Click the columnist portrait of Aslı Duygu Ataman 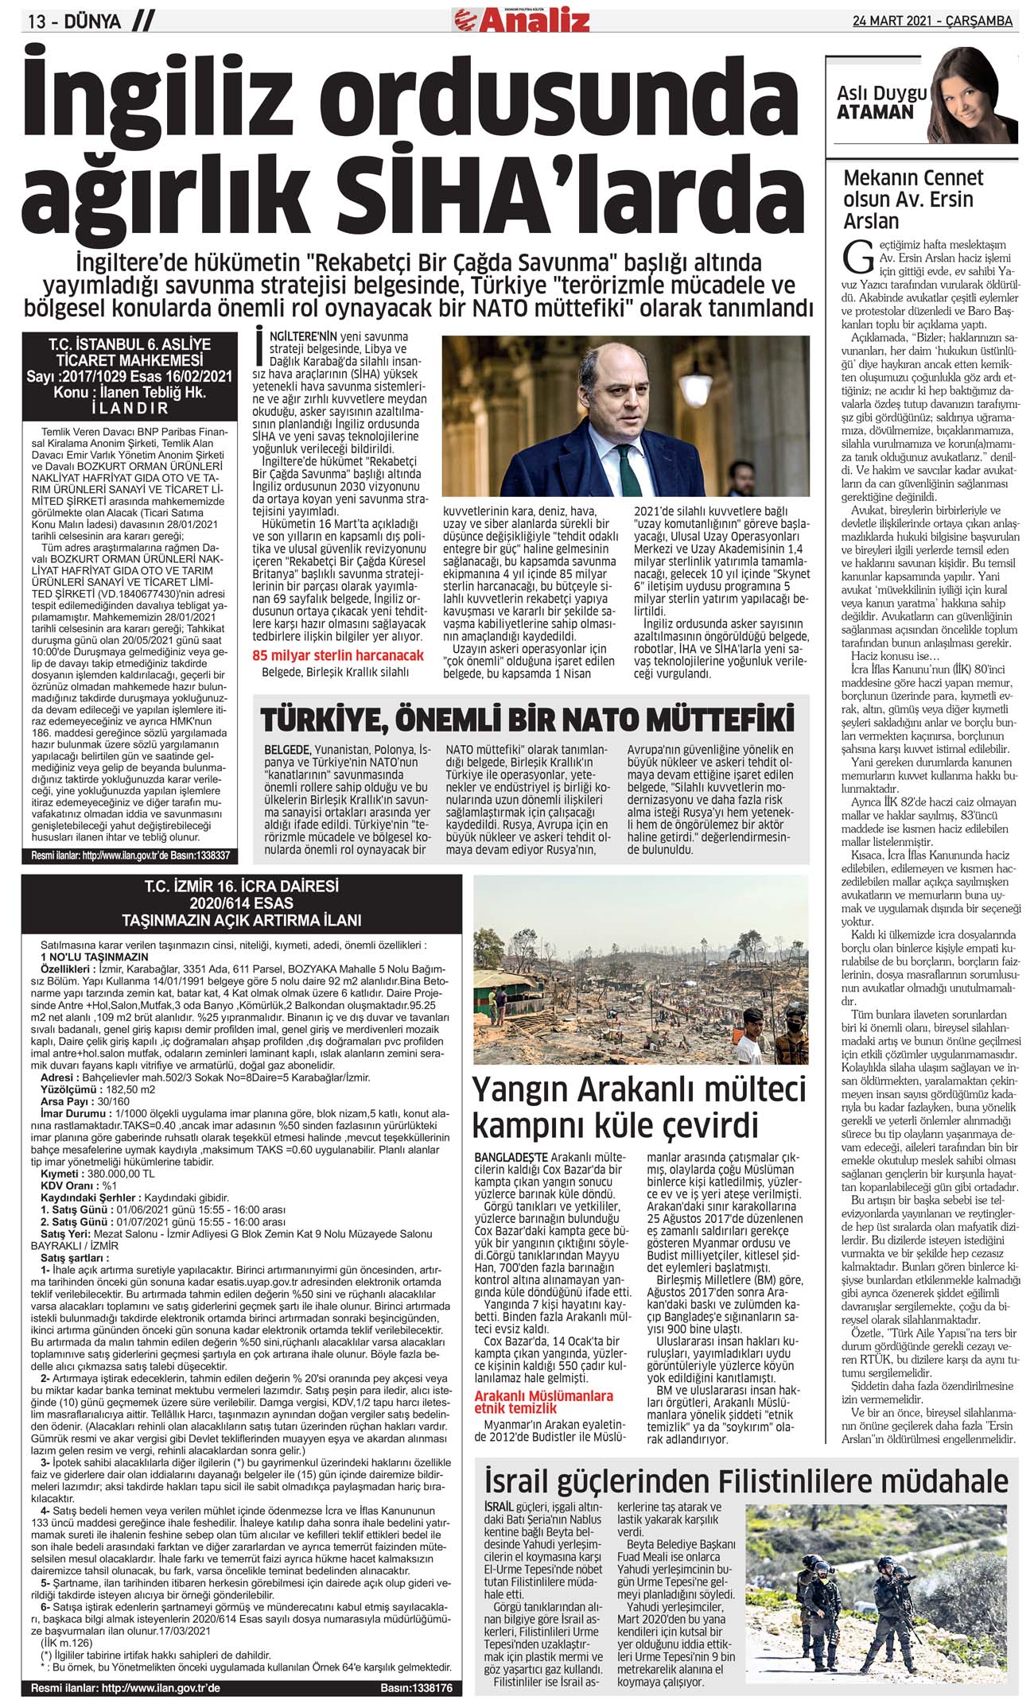(973, 95)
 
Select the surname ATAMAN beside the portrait (875, 113)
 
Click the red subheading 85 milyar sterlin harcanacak (338, 655)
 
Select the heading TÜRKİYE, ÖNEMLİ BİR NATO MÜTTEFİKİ (527, 720)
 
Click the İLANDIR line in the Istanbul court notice (130, 408)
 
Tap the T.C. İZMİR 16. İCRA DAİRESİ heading (241, 886)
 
